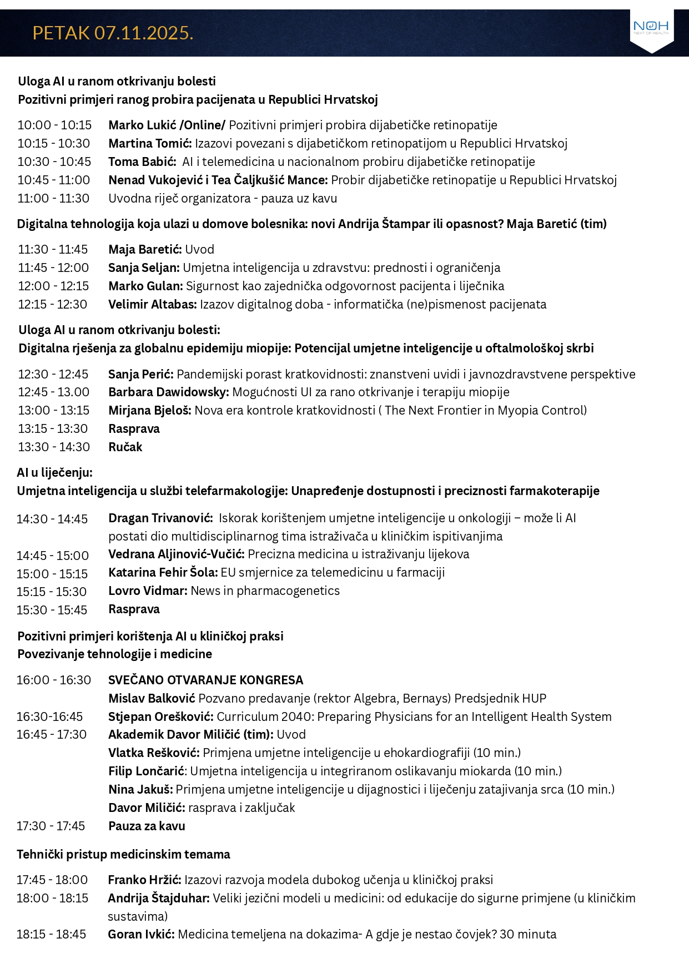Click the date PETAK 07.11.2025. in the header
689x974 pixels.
coord(113,33)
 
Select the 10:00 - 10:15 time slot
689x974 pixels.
coord(54,125)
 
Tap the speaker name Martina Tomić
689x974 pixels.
coord(150,144)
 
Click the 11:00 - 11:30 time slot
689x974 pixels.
coord(53,199)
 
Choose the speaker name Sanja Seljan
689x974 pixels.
coord(144,268)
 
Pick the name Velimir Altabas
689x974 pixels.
coord(152,305)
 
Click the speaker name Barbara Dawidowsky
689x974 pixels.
coord(168,392)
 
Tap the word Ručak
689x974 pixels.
coord(125,447)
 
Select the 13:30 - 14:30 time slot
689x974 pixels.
coord(53,447)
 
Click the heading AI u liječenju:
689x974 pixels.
coord(54,473)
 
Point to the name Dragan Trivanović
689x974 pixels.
coord(160,518)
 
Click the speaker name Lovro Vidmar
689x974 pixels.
coord(148,591)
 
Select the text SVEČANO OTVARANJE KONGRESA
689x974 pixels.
coord(205,680)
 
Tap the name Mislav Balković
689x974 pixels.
coord(152,699)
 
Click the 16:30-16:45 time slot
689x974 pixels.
coord(49,717)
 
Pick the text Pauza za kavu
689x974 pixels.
coord(147,826)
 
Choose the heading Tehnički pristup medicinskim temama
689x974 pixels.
coord(123,855)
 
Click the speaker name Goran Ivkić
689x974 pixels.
coord(141,935)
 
